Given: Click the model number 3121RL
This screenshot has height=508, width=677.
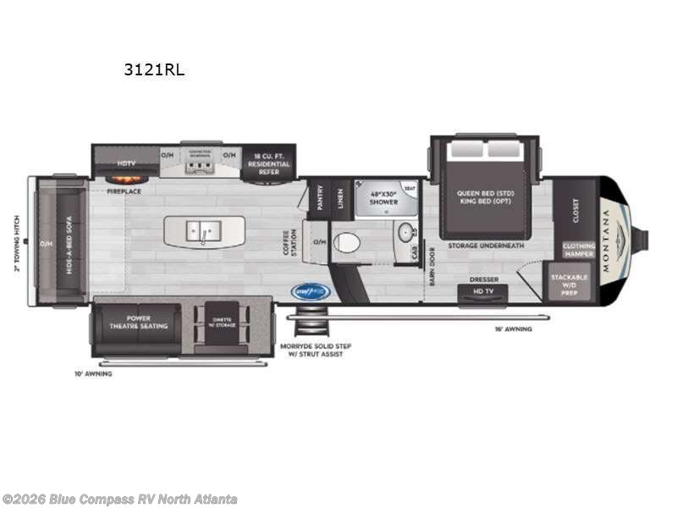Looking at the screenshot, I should tap(154, 71).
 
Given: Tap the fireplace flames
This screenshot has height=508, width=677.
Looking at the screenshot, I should tap(124, 179).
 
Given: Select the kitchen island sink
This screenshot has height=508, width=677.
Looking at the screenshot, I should tap(203, 229).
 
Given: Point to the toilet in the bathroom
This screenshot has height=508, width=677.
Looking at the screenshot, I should tap(346, 243).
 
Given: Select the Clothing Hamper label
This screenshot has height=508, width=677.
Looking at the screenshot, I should tap(579, 249).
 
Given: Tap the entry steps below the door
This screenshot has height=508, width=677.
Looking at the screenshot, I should tap(312, 325).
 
